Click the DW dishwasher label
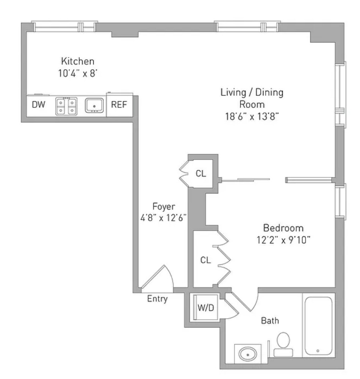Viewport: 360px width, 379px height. point(38,105)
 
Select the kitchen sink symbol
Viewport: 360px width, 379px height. point(94,105)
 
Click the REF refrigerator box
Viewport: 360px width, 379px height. point(119,105)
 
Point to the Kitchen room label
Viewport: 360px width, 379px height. point(78,61)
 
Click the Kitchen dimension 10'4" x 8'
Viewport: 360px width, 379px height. point(78,73)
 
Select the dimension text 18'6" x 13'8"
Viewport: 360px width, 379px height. point(252,116)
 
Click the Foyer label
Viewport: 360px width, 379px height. point(164,207)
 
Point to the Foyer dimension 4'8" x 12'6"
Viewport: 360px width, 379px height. point(164,219)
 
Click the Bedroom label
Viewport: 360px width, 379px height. point(283,228)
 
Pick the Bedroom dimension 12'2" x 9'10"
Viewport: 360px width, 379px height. point(283,240)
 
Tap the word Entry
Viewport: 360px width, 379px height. point(157,299)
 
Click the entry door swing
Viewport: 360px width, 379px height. point(159,279)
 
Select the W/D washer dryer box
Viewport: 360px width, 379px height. point(206,308)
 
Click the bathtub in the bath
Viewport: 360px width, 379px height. point(318,326)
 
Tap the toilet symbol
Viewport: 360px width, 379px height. point(283,343)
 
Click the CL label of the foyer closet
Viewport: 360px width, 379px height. point(201,174)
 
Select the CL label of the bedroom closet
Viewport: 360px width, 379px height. point(205,260)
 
